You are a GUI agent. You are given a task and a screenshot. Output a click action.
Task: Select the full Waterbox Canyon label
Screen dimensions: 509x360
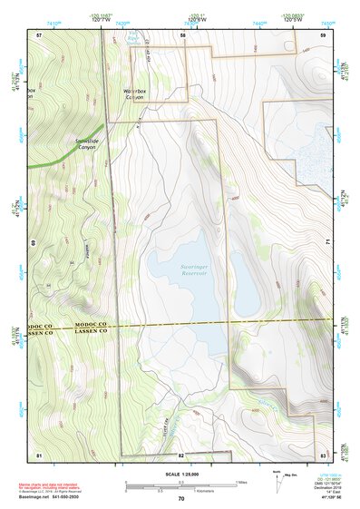(140, 95)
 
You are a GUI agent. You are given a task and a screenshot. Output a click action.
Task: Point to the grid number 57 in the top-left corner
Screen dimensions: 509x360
(39, 34)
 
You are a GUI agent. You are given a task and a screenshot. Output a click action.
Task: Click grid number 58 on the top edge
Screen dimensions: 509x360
(182, 34)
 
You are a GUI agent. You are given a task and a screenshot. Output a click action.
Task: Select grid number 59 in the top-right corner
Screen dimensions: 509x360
(323, 34)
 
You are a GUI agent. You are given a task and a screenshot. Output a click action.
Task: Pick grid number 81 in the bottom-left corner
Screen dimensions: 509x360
(39, 453)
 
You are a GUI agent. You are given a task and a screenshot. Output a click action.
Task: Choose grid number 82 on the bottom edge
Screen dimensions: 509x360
(181, 454)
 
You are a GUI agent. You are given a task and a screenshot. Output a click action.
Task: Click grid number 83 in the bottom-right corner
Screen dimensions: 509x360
(323, 453)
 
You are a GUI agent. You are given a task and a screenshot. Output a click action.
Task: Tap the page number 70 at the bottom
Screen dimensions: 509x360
(181, 499)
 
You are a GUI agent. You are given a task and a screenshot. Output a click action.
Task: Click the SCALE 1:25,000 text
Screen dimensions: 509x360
(180, 473)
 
